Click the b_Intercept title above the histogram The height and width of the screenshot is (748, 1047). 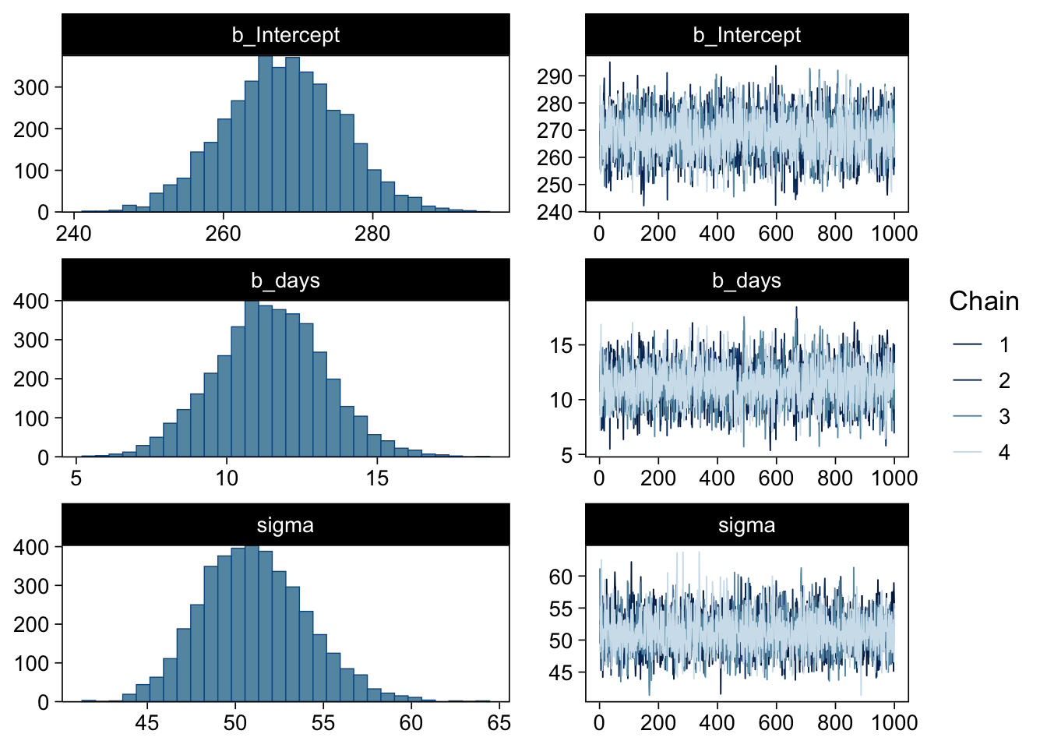point(285,35)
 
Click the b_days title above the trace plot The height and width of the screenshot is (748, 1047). point(746,280)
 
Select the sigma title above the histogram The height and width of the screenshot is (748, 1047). point(285,525)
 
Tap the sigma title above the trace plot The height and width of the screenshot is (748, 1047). point(746,525)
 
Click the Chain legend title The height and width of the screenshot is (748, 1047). point(983,302)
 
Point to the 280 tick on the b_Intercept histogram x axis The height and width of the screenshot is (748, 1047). point(372,234)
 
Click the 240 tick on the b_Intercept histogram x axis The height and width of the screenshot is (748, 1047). point(74,234)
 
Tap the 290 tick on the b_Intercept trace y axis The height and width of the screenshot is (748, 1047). point(555,76)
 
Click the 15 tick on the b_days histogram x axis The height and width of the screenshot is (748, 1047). point(377,478)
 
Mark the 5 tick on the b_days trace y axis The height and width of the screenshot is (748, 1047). point(566,454)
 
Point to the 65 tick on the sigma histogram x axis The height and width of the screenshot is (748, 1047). point(499,723)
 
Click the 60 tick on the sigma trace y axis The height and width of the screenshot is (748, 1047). point(561,577)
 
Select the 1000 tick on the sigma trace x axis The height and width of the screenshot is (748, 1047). point(894,723)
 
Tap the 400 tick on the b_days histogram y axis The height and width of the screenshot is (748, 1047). point(31,301)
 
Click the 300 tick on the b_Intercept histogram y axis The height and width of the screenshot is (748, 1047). point(31,87)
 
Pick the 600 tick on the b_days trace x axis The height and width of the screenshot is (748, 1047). point(776,478)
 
